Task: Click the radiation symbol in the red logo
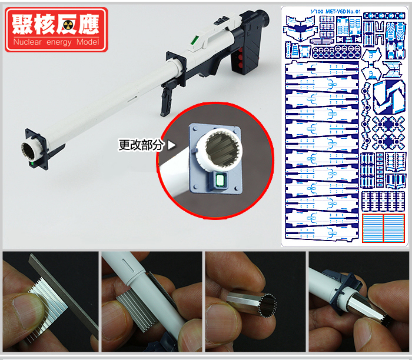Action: click(x=69, y=26)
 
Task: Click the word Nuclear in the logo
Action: click(x=27, y=42)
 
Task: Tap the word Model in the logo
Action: click(x=88, y=42)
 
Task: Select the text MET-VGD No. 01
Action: click(x=343, y=12)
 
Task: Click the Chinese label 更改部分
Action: click(x=141, y=145)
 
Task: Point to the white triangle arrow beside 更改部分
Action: click(x=172, y=145)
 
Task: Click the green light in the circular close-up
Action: click(x=220, y=180)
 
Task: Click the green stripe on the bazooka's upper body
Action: click(x=195, y=40)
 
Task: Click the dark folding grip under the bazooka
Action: click(x=167, y=101)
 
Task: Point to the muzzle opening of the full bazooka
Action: click(x=28, y=151)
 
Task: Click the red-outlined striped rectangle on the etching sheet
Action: click(x=383, y=228)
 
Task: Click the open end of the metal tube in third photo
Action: click(x=267, y=306)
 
